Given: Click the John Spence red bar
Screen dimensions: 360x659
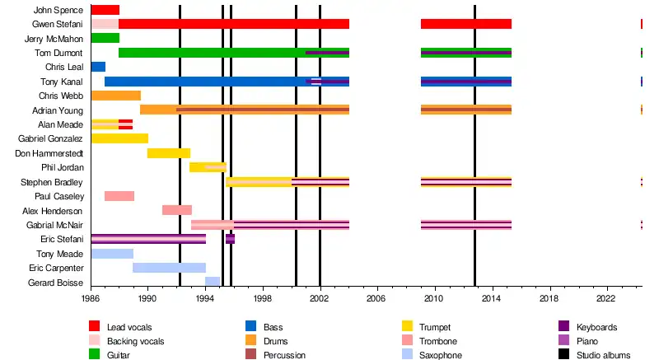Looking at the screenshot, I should (x=105, y=10).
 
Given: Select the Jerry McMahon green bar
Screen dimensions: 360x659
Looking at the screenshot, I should (x=105, y=38).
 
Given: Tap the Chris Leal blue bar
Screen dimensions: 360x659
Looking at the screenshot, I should (x=98, y=67).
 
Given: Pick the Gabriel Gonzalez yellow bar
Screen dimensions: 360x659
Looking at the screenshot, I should (x=119, y=138).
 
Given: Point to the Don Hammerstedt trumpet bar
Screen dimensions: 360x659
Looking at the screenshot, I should (x=169, y=153).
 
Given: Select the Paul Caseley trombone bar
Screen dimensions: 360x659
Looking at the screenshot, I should (x=119, y=196).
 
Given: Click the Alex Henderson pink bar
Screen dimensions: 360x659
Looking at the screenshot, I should (x=177, y=210).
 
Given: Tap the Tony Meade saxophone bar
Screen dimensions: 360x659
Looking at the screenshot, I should (x=112, y=254).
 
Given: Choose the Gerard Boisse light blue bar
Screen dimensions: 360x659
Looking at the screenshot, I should (x=213, y=282).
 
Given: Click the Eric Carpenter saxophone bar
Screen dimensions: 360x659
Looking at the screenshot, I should (x=169, y=268).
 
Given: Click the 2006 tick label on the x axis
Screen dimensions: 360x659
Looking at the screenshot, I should (x=376, y=297).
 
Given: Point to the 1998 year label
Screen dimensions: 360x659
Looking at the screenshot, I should (x=262, y=297).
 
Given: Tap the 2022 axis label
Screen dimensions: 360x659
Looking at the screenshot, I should (x=606, y=297).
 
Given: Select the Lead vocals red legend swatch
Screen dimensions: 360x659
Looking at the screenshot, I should (x=95, y=328).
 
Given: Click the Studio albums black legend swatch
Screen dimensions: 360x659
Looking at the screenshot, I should (x=564, y=355).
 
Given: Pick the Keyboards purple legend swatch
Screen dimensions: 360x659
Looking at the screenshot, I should (x=564, y=328).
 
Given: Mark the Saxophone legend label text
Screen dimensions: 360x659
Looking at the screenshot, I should (x=440, y=355).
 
